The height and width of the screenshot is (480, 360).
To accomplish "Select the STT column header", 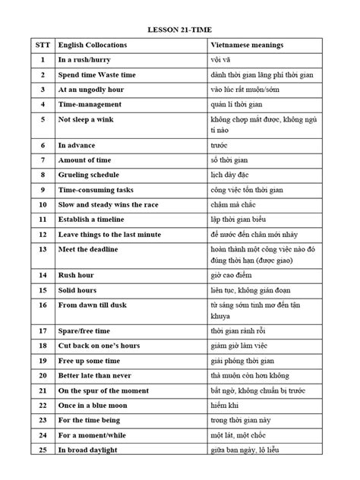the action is tap(44, 46).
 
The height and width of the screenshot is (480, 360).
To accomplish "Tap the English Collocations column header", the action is tap(93, 46).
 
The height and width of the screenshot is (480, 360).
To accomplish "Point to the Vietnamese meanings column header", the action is tap(247, 46).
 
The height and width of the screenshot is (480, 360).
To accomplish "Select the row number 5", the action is tap(44, 119).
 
